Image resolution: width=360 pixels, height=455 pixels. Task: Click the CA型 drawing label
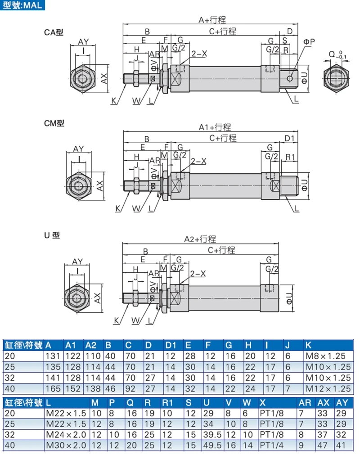(x=54, y=32)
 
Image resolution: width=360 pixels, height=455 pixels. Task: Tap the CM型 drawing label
(x=54, y=122)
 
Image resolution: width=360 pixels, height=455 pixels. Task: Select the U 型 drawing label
(x=52, y=235)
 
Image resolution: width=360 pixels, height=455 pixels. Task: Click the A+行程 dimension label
(x=212, y=20)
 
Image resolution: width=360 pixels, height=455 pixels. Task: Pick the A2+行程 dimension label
(x=200, y=239)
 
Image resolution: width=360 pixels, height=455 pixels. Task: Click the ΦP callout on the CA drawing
(x=309, y=42)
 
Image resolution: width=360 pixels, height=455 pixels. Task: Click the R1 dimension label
(x=290, y=157)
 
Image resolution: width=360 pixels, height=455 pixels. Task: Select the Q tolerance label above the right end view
(x=337, y=55)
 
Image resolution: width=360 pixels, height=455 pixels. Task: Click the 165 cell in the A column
(x=51, y=387)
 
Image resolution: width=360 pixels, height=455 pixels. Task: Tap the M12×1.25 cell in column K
(x=328, y=387)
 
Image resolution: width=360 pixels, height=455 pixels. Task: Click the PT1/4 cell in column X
(x=272, y=445)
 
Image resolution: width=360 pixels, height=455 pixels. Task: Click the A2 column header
(x=91, y=346)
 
